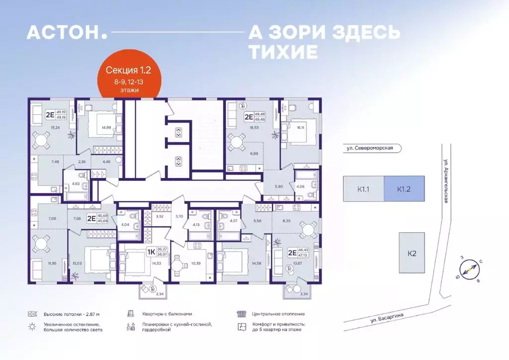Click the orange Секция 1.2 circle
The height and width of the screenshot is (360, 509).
tap(129, 80)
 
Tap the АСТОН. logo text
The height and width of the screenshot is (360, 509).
tap(67, 32)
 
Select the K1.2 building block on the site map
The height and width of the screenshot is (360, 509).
tap(404, 189)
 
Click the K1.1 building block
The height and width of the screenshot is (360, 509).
tap(363, 189)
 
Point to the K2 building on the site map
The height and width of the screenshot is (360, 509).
tap(411, 253)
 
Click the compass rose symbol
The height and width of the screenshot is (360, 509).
tap(469, 270)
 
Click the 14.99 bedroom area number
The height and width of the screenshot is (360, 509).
tap(105, 128)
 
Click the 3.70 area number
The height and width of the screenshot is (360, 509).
tap(180, 216)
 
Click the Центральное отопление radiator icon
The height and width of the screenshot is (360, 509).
tap(242, 314)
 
